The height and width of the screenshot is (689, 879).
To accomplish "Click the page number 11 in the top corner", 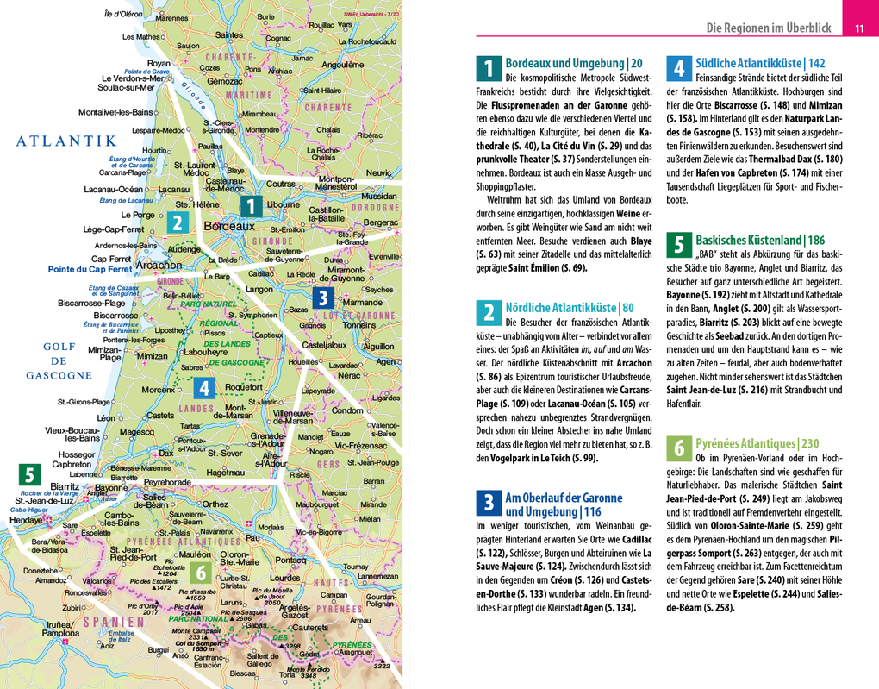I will (x=859, y=28).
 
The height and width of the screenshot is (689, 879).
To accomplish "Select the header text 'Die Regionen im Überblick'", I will (x=769, y=28).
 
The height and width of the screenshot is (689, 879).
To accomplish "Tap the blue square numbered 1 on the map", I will (x=250, y=207).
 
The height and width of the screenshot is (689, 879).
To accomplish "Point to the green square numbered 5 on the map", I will (x=30, y=475).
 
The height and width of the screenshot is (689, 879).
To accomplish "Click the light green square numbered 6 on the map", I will (x=200, y=573).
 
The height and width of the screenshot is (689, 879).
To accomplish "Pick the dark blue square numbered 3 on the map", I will (x=321, y=298).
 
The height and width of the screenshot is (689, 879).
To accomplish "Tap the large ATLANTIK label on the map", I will (x=65, y=141).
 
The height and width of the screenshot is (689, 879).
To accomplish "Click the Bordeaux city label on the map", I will (x=229, y=226).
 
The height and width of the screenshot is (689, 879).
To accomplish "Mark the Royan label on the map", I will (x=159, y=63).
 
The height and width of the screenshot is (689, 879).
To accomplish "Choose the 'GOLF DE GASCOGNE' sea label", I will (x=59, y=360).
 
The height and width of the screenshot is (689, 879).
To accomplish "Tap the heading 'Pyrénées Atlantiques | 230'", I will (x=757, y=443).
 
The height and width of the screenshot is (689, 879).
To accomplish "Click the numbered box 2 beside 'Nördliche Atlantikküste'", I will (x=489, y=313).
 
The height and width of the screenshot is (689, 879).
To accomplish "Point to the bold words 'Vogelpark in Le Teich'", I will (x=534, y=457).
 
